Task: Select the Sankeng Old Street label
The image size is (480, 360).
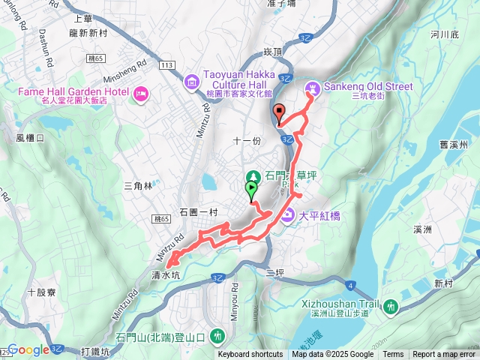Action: point(368,87)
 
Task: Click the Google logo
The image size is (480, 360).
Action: point(28,349)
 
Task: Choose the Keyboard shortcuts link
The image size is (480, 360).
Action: point(250,355)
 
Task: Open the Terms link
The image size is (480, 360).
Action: point(393,355)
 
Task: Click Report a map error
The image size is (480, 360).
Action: point(444,355)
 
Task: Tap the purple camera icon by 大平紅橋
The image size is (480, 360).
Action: point(288,217)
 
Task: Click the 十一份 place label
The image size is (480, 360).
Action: point(246,140)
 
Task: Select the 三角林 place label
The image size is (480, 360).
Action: point(138,185)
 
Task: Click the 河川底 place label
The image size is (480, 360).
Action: point(445,34)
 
